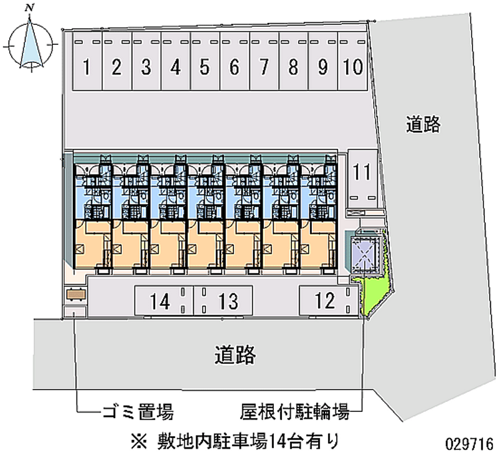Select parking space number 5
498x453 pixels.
pos(204,67)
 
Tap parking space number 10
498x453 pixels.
pos(353,67)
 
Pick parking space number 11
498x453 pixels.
pos(362,171)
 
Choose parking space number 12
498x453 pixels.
pos(324,301)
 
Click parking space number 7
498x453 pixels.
pos(263,67)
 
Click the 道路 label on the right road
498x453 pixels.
pos(424,125)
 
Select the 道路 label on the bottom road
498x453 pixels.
pos(235,355)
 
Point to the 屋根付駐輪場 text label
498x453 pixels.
pos(294,412)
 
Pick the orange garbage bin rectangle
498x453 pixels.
pos(75,293)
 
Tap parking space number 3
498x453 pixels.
pos(146,67)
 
